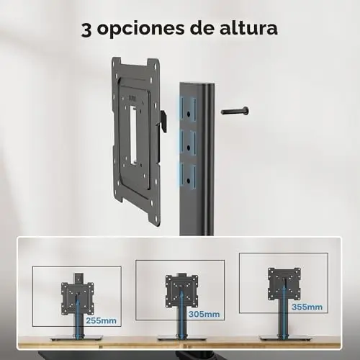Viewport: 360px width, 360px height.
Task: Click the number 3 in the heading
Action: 86,30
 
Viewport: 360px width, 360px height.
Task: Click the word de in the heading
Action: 202,27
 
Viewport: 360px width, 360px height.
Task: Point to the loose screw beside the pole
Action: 235,111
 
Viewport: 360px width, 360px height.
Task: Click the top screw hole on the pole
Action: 189,114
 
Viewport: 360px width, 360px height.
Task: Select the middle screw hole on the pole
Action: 189,147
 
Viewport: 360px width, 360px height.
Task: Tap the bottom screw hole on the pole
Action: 189,181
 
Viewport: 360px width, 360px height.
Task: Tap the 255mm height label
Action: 101,320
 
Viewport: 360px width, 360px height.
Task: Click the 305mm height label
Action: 204,314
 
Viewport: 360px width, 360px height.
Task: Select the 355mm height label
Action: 307,307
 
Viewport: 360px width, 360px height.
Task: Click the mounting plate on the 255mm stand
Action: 77,299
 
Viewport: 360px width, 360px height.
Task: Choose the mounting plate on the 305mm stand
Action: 181,292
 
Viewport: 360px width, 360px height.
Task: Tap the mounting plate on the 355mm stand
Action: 284,284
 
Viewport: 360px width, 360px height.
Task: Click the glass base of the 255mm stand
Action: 76,338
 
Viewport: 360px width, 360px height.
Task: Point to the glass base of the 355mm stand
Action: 286,338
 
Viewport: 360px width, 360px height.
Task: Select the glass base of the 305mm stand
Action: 181,338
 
